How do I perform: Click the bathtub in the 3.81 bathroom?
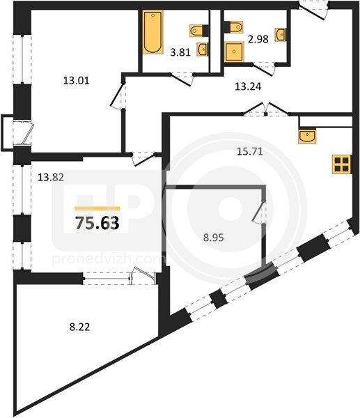click(x=152, y=32)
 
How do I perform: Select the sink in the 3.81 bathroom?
click(x=203, y=49)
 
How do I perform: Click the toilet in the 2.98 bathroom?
click(x=234, y=27)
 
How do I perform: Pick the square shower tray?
click(x=234, y=52)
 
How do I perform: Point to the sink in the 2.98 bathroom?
click(x=281, y=34)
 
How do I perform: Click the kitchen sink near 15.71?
click(x=308, y=137)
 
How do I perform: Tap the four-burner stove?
click(x=342, y=164)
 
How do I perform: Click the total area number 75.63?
click(x=97, y=223)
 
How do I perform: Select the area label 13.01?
click(x=76, y=80)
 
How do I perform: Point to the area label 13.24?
click(x=248, y=86)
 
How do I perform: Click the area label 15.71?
click(x=250, y=152)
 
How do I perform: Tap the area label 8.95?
click(x=214, y=238)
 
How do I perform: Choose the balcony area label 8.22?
click(x=79, y=327)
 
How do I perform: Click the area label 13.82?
click(x=51, y=177)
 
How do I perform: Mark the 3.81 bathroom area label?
click(x=180, y=52)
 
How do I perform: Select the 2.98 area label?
click(x=258, y=39)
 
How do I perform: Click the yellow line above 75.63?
click(x=97, y=209)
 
